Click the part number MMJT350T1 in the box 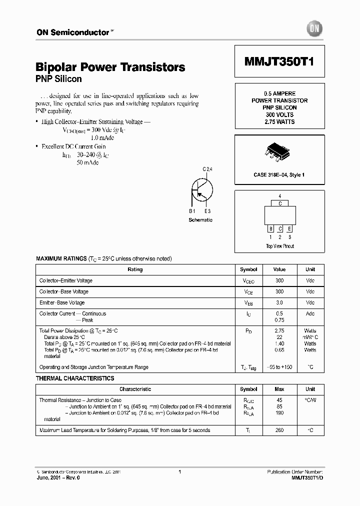(279, 61)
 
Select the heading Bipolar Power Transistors (110, 67)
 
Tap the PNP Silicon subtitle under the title (58, 79)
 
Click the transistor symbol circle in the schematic (202, 190)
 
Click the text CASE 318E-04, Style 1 (279, 174)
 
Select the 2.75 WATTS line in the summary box (279, 122)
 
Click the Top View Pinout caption (279, 246)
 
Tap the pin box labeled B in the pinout (270, 228)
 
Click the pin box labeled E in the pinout (289, 228)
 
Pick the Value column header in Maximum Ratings (279, 269)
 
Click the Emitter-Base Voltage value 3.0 (279, 302)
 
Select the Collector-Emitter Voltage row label (66, 280)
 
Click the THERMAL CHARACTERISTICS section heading (75, 378)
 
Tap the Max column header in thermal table (279, 389)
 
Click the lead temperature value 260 (279, 430)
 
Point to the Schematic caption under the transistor (200, 220)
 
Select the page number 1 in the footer (179, 471)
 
